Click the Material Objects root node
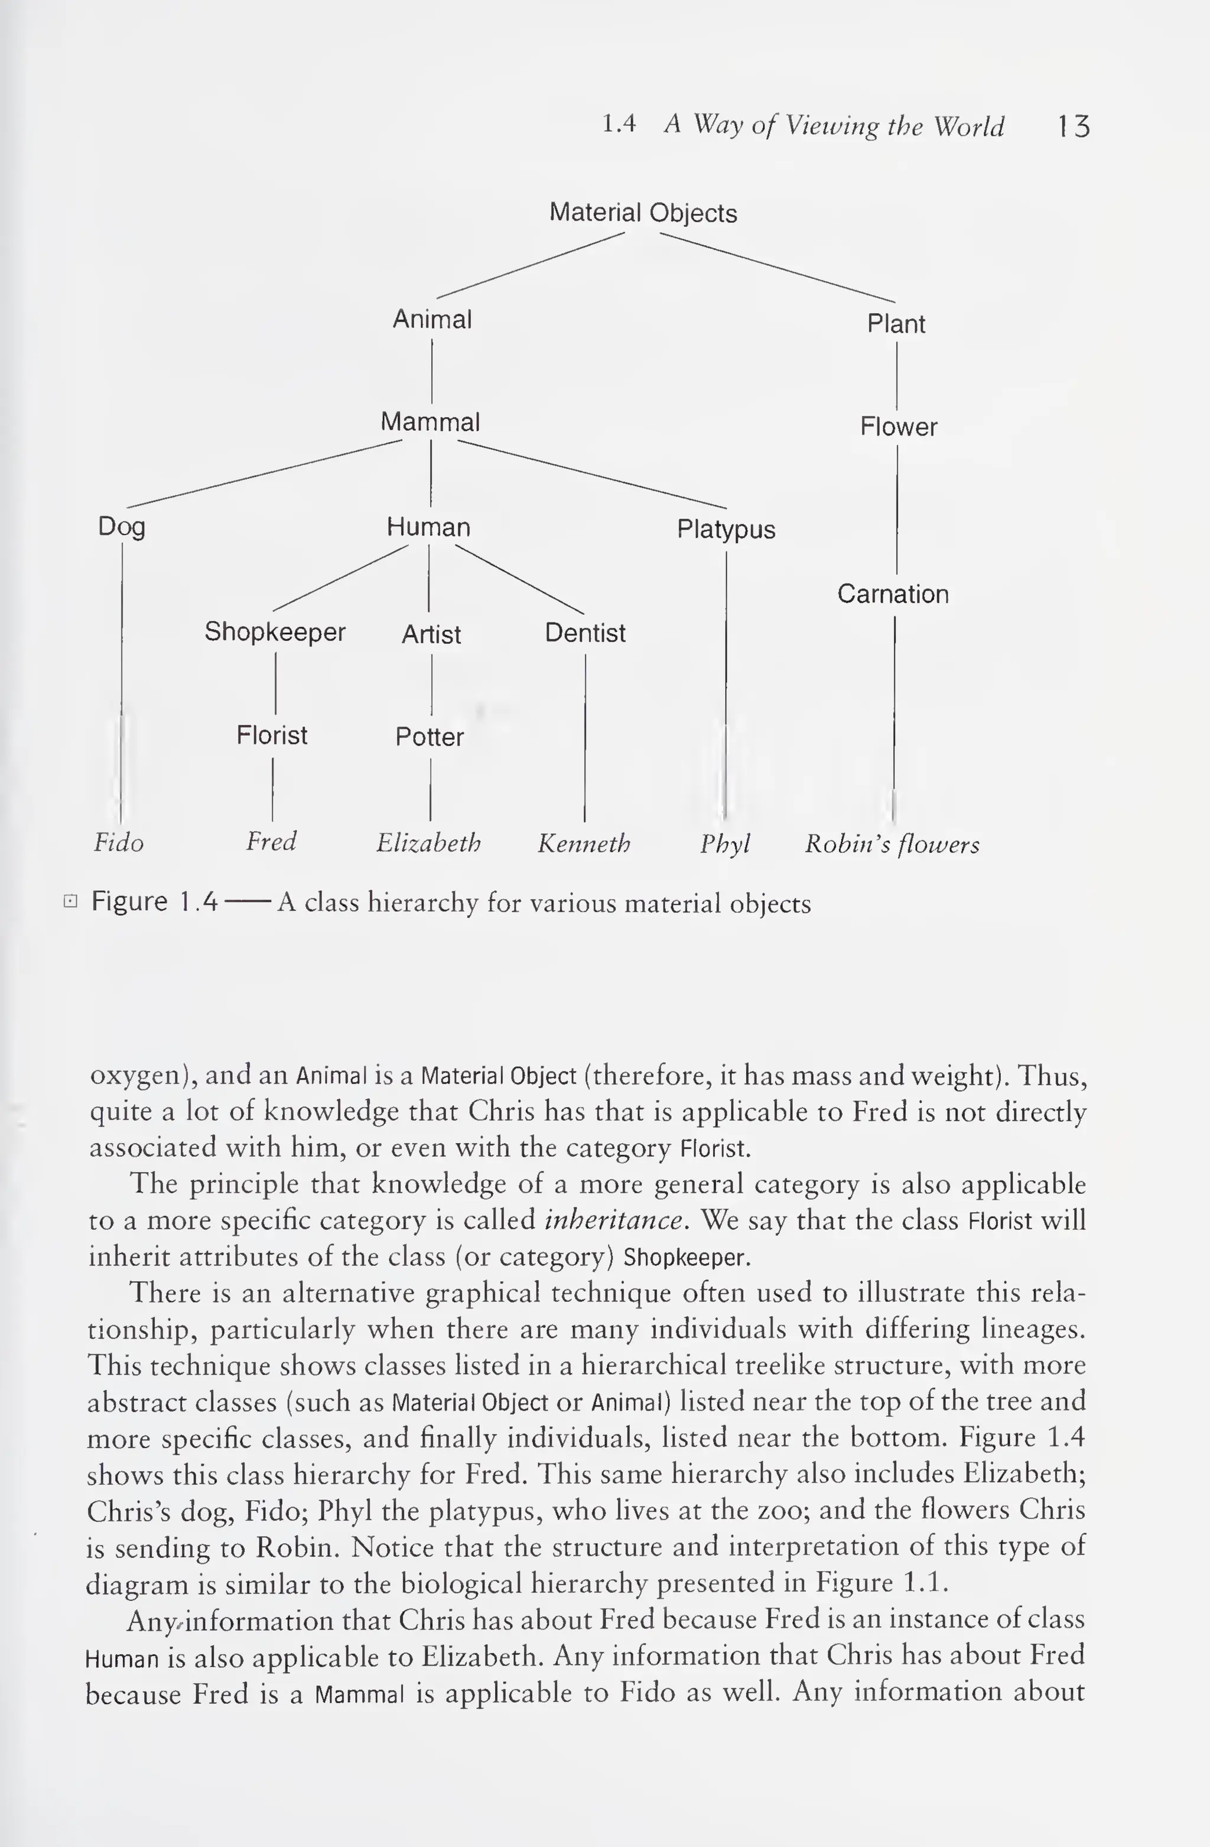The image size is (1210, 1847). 643,213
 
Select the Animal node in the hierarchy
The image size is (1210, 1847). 432,319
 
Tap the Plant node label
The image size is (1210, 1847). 896,324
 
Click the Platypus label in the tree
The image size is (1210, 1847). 726,529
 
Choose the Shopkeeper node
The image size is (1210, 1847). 275,632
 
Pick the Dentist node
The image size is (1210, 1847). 585,633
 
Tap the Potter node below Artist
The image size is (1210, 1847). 430,736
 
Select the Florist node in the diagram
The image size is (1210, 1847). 271,735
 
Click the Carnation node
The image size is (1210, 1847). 893,595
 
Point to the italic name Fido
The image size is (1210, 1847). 119,843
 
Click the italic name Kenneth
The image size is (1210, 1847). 584,843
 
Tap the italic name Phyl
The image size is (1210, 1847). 725,843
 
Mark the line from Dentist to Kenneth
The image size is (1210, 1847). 585,737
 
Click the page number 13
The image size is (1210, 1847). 1074,126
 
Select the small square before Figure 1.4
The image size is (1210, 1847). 70,901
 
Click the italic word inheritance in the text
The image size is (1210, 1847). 615,1220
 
